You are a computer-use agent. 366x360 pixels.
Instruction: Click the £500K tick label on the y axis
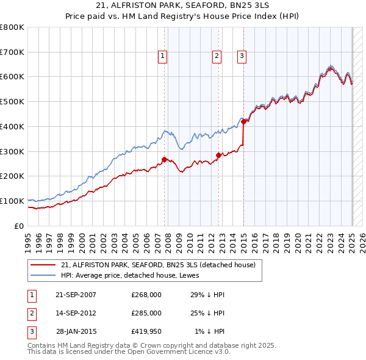[12, 101]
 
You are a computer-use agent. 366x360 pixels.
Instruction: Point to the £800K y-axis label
[12, 27]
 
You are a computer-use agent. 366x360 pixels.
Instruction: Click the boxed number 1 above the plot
[163, 57]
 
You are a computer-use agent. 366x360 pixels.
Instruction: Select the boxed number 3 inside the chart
[242, 57]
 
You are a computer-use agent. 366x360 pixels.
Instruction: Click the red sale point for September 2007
[164, 160]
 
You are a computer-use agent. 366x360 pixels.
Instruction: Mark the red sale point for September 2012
[218, 155]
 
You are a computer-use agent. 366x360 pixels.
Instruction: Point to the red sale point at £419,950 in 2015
[244, 121]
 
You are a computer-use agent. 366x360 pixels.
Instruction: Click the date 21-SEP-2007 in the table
[76, 295]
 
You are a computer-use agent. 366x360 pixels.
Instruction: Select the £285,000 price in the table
[146, 313]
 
